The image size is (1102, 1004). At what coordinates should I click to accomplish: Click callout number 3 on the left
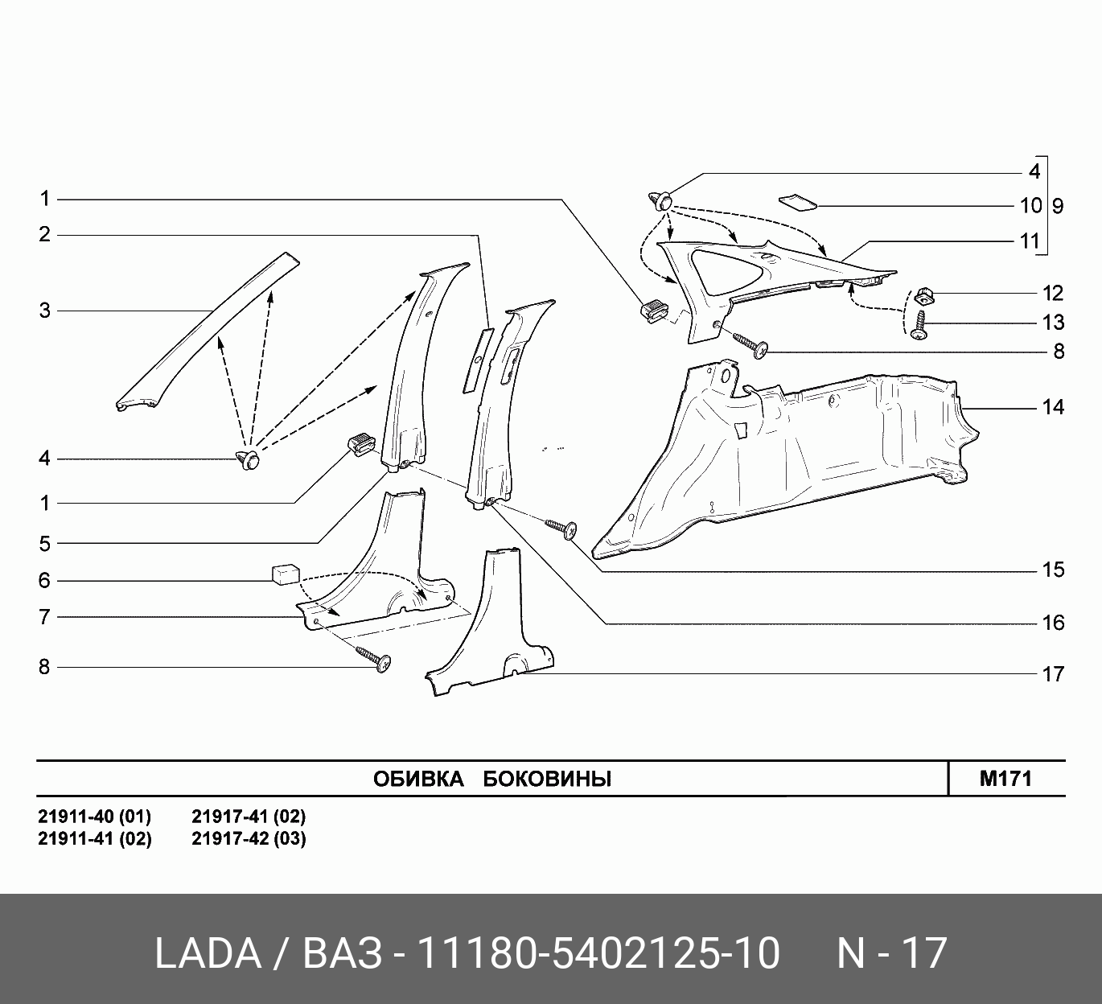click(44, 311)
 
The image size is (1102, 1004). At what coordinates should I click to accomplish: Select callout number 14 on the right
click(1053, 407)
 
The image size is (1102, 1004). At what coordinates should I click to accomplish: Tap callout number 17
click(1053, 674)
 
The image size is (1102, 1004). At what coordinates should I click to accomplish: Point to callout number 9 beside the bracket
click(1058, 206)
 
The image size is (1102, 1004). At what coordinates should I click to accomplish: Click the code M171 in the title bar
click(1005, 779)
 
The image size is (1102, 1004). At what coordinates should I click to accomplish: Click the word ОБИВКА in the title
click(418, 779)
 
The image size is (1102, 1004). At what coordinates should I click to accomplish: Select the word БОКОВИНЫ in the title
click(547, 779)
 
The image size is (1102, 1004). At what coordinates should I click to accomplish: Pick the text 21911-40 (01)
click(94, 817)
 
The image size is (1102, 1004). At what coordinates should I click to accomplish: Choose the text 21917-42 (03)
click(249, 838)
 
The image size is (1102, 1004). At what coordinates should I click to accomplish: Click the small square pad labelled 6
click(286, 574)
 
